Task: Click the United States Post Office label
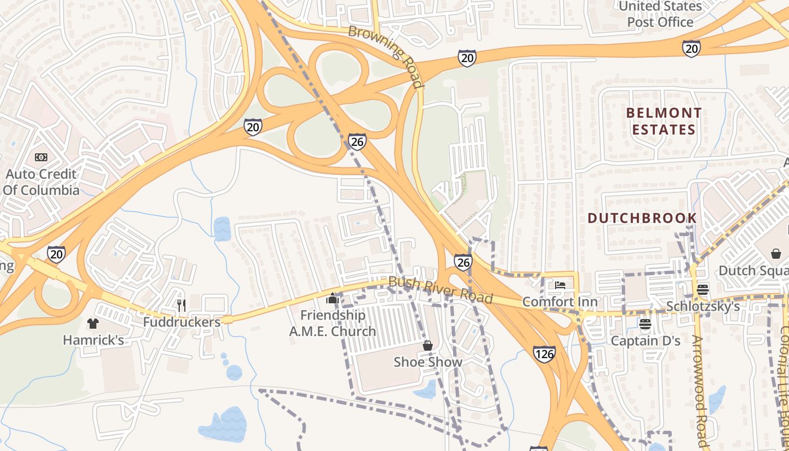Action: coord(660,15)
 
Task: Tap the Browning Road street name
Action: coord(386,56)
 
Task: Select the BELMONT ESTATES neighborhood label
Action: coord(664,121)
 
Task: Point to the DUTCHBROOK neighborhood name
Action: coord(642,218)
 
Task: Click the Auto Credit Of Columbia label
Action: coord(41,182)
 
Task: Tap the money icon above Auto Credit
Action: coord(41,157)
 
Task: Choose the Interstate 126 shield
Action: coord(543,354)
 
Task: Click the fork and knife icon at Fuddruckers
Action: coord(181,305)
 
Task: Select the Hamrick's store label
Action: coord(93,340)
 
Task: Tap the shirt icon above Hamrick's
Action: coord(93,323)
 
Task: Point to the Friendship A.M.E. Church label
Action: coord(333,323)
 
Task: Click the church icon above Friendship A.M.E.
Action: coord(333,298)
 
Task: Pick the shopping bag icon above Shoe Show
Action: coord(428,345)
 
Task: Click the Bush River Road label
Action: coord(441,289)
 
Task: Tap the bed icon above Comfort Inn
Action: coord(560,285)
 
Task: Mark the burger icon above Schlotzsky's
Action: coord(702,290)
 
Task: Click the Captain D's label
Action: coord(646,341)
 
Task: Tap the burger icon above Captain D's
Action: coord(645,324)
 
